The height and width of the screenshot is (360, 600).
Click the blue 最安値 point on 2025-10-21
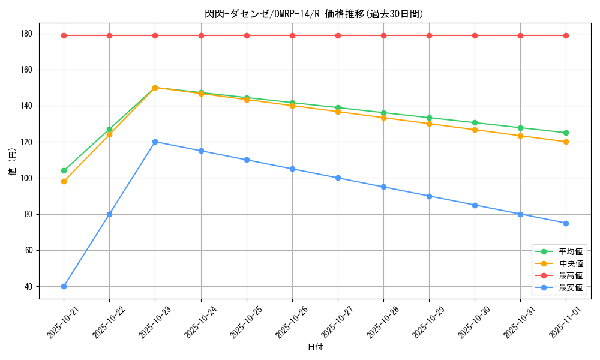[x=64, y=286]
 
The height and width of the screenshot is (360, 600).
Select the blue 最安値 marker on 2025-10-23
[x=155, y=142]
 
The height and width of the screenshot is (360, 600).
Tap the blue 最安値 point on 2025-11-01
[x=566, y=223]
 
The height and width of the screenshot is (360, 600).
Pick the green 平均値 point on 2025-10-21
[x=64, y=170]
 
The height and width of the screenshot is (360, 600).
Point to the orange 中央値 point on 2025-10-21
[x=64, y=181]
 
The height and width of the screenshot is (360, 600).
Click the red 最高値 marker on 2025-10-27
[x=338, y=35]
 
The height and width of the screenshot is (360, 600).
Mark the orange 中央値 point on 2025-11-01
[x=566, y=142]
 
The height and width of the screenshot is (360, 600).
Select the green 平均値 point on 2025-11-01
[x=566, y=133]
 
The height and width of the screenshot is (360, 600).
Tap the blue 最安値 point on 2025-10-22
[x=109, y=214]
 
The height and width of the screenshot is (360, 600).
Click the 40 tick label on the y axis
[x=28, y=286]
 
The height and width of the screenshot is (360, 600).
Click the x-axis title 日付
[x=314, y=347]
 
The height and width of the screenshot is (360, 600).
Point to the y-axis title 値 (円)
[x=12, y=163]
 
